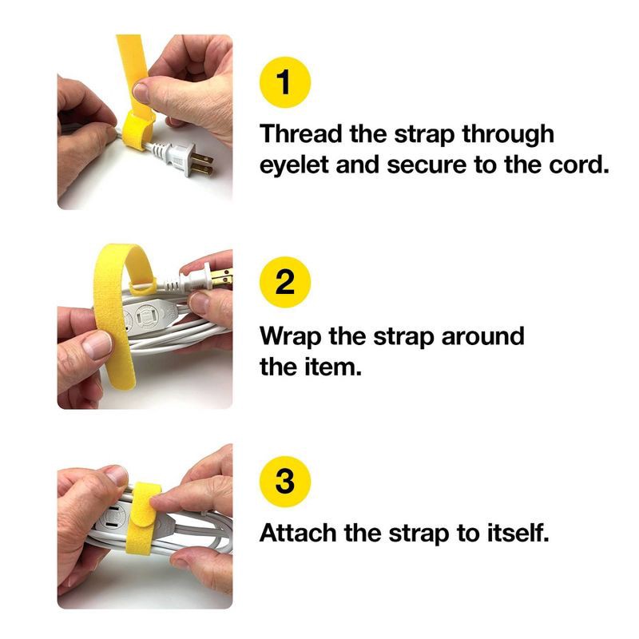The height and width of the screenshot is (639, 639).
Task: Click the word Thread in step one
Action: [301, 133]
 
